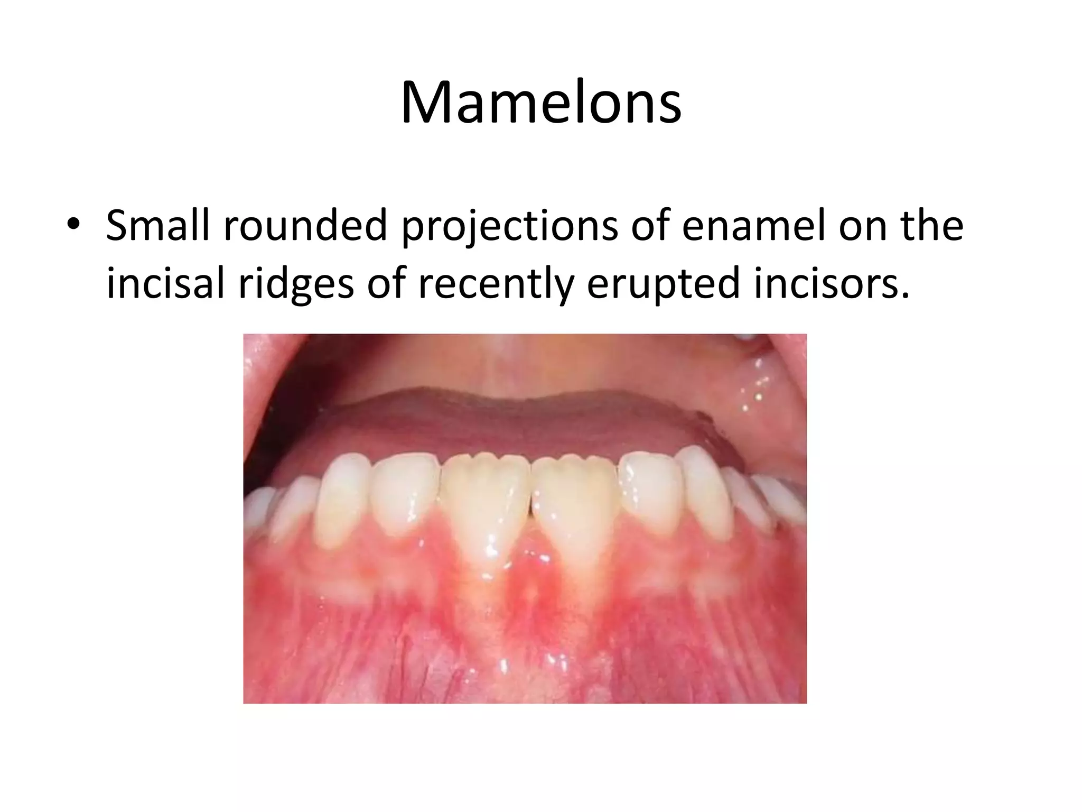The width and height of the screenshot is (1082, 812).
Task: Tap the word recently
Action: [496, 285]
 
